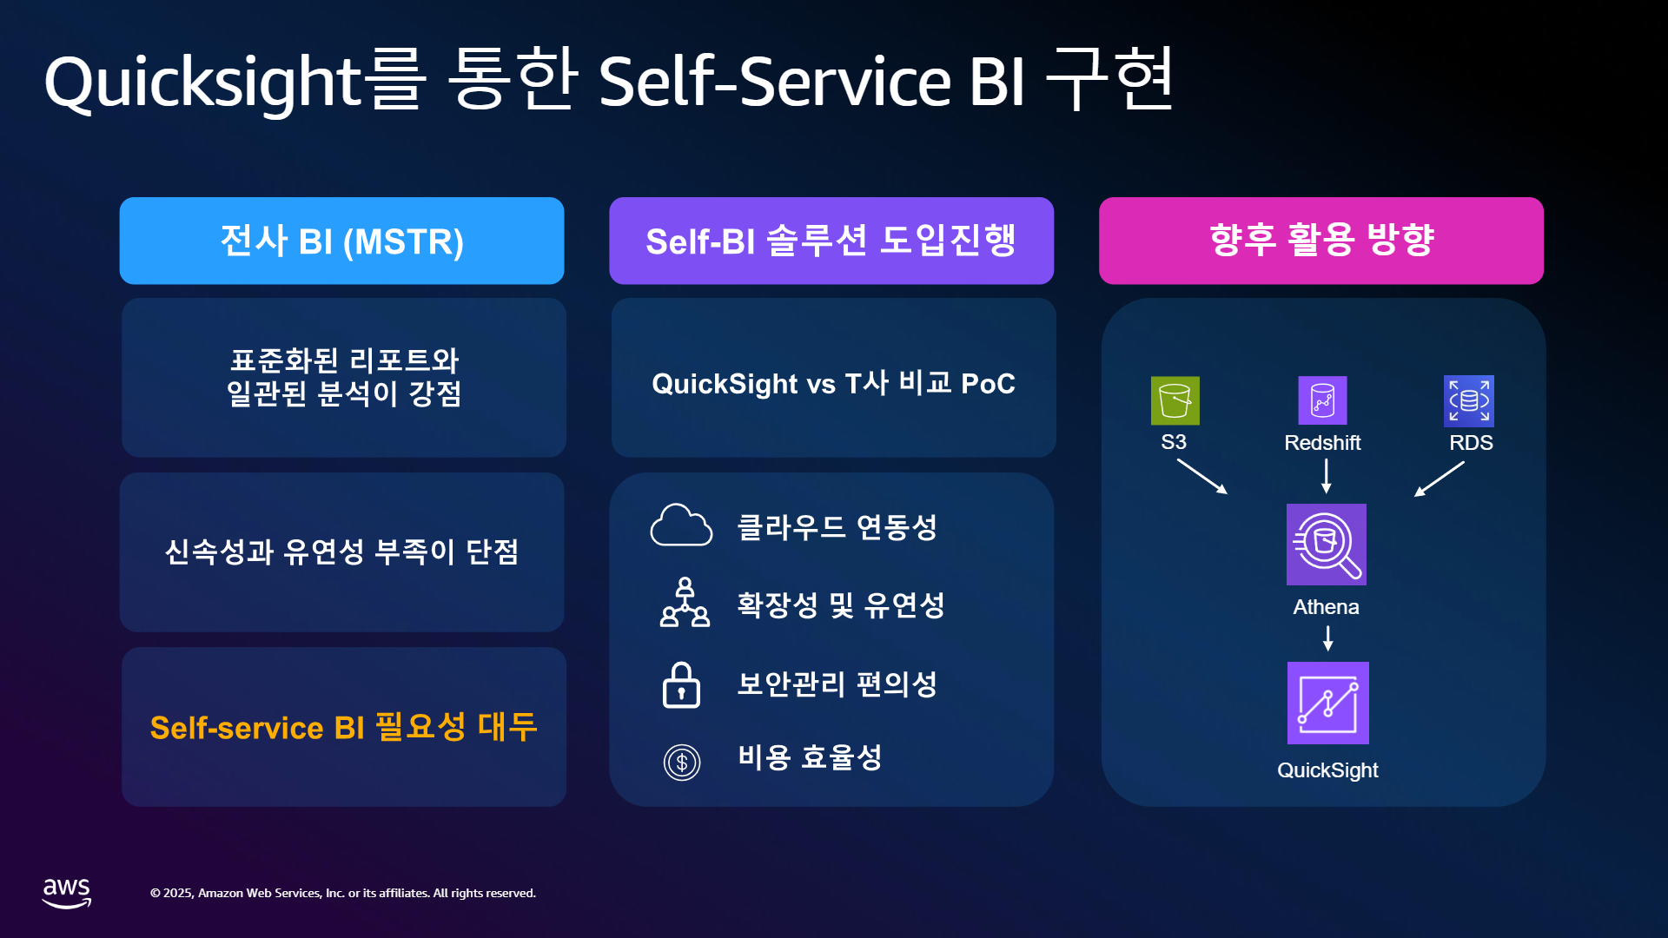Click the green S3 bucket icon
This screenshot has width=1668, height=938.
[x=1175, y=400]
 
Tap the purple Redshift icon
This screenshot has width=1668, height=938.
[x=1322, y=400]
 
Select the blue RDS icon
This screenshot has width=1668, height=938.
[x=1469, y=400]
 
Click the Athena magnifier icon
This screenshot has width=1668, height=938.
[x=1327, y=545]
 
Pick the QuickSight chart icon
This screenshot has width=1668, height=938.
[x=1328, y=703]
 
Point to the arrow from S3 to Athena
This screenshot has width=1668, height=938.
[x=1202, y=476]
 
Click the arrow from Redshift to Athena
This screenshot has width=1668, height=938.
[x=1327, y=476]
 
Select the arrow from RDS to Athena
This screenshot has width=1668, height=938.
[x=1440, y=479]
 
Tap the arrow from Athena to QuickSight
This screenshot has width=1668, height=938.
[x=1328, y=638]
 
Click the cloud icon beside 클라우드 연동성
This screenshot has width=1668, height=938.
[x=681, y=525]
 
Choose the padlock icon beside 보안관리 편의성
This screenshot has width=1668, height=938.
[x=681, y=685]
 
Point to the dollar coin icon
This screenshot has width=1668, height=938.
[x=682, y=763]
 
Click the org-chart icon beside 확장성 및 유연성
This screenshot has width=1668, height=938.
[x=685, y=602]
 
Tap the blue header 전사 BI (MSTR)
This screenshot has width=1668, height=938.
[x=341, y=241]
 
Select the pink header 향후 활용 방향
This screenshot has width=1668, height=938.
[x=1321, y=241]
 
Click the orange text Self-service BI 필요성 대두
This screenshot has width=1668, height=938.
[x=344, y=727]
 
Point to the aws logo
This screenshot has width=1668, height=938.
[x=67, y=893]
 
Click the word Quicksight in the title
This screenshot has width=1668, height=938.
[x=202, y=83]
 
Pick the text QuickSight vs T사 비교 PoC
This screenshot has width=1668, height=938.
[x=834, y=383]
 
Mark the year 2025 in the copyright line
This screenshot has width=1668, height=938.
[x=178, y=893]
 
